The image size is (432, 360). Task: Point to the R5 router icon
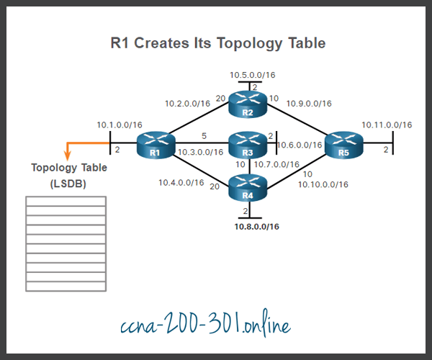point(343,145)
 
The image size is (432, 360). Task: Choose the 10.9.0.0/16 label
point(309,103)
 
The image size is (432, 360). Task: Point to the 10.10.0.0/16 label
point(323,184)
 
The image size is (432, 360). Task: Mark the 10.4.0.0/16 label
point(181,182)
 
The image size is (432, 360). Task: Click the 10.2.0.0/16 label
point(188,103)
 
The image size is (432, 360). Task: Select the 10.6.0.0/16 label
point(300,145)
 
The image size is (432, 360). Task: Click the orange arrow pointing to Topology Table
point(68,152)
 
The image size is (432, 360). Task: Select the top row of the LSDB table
point(66,199)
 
